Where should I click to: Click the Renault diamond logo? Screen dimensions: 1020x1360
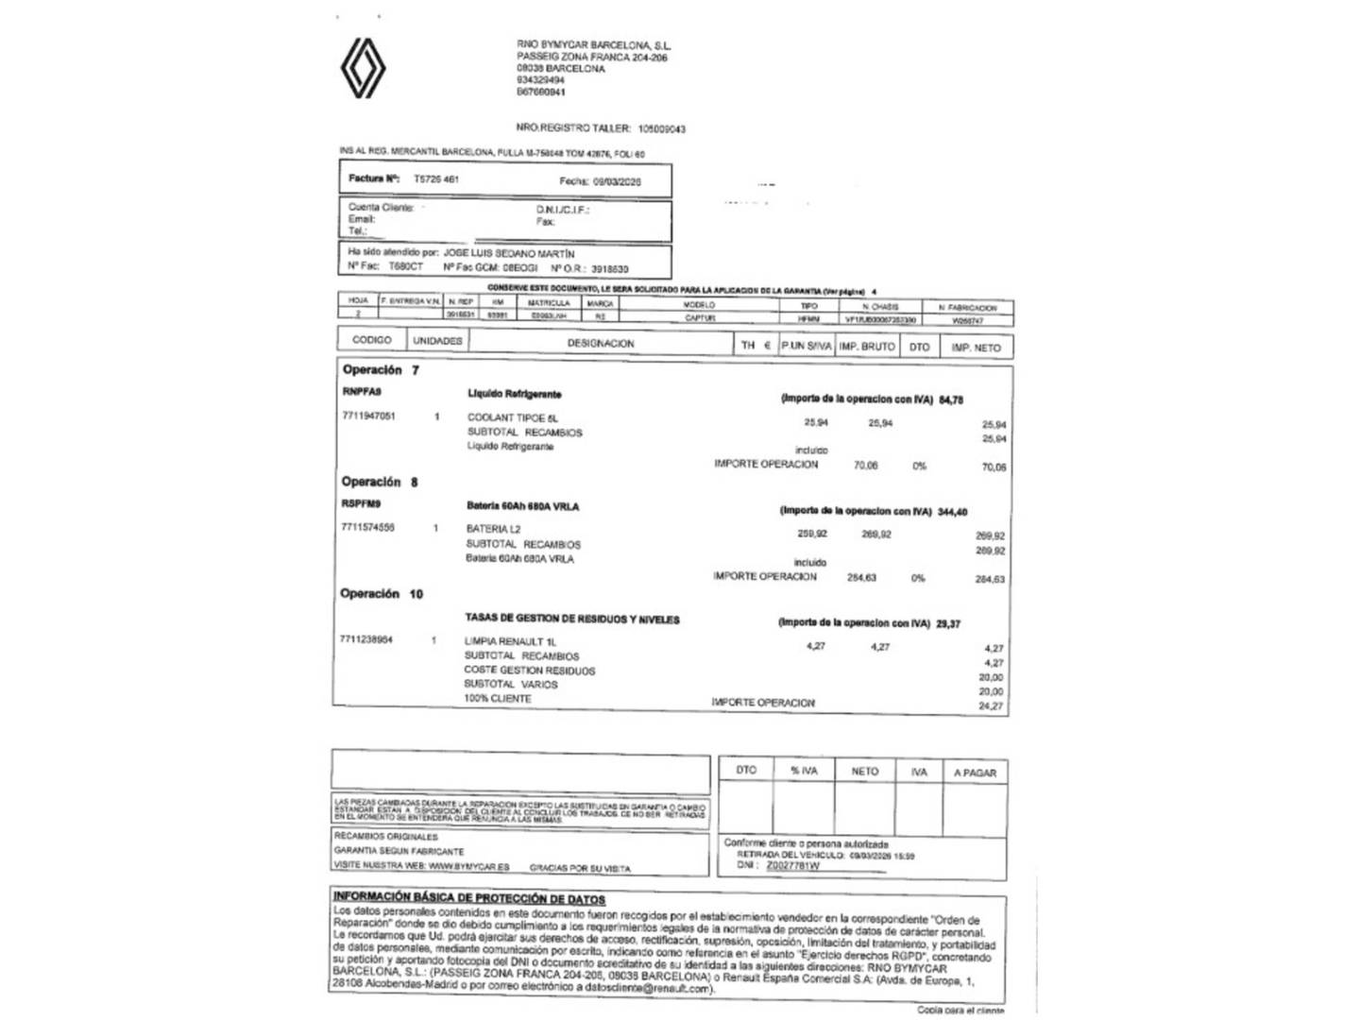click(x=363, y=68)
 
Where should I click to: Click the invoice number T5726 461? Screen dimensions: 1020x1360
click(x=436, y=178)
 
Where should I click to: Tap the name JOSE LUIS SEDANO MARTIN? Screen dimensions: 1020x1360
click(x=509, y=254)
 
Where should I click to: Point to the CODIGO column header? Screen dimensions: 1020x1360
click(x=372, y=340)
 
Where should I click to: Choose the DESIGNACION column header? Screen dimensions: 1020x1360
click(x=601, y=344)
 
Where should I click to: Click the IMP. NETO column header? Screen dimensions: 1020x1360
click(x=976, y=348)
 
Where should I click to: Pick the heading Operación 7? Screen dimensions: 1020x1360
click(x=381, y=370)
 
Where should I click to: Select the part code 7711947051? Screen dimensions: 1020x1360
click(x=369, y=416)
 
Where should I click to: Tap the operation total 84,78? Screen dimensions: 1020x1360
click(x=951, y=399)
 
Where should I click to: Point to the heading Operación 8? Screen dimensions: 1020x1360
click(x=380, y=482)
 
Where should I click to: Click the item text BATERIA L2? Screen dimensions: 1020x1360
click(x=493, y=529)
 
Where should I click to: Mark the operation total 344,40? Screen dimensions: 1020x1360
click(x=952, y=512)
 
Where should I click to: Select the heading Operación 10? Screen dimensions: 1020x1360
click(x=382, y=594)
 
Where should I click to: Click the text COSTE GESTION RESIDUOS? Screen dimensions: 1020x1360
click(x=529, y=671)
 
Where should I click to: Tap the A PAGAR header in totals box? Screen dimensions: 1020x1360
click(x=975, y=773)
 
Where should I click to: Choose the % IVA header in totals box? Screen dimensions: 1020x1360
click(x=804, y=771)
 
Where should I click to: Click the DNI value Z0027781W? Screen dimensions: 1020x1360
click(x=792, y=865)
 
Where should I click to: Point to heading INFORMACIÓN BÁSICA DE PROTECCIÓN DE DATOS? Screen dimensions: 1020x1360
click(x=468, y=898)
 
